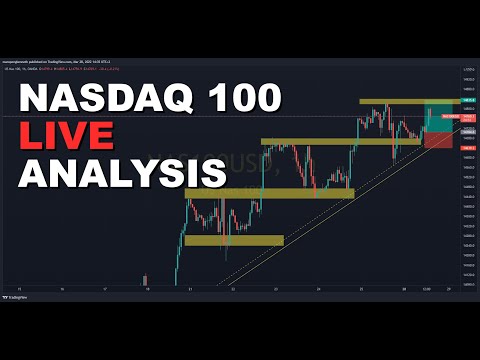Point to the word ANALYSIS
[x=123, y=171]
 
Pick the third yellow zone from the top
[x=270, y=193]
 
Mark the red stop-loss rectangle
[x=438, y=141]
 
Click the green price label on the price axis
[x=467, y=102]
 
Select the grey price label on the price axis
[x=467, y=131]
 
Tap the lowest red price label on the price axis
[x=467, y=148]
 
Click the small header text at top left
[x=60, y=62]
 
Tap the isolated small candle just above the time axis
[x=146, y=279]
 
